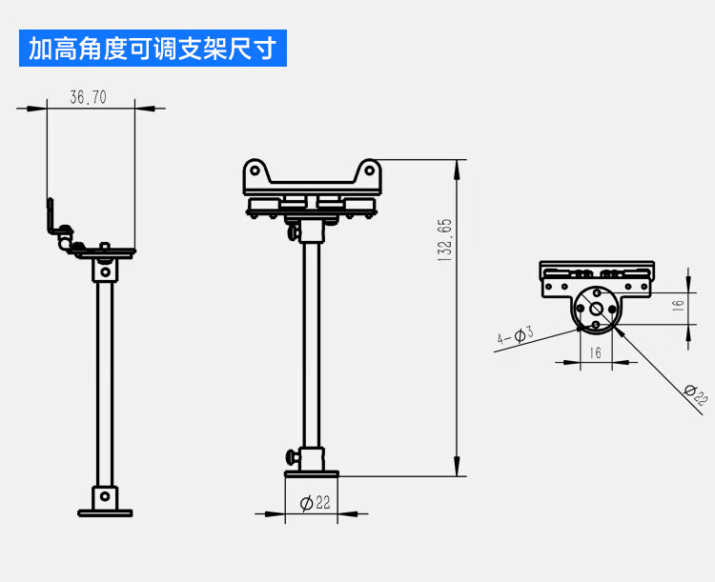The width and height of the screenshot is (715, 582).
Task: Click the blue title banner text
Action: tap(152, 49)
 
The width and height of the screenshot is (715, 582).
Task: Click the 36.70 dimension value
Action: tap(89, 97)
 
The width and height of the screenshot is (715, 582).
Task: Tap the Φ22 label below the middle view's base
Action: tap(315, 503)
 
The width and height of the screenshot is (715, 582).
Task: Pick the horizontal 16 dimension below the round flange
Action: tap(596, 352)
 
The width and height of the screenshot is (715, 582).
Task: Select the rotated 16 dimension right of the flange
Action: tap(678, 306)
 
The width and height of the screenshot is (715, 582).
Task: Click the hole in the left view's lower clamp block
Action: tap(105, 496)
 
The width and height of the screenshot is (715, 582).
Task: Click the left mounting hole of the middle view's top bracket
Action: tap(255, 171)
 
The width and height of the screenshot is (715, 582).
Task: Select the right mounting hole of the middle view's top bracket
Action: tap(370, 171)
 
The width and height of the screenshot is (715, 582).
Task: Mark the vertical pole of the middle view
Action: tap(312, 343)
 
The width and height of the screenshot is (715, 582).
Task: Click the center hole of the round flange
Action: tap(596, 308)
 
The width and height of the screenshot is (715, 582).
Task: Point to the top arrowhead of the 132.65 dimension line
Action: tap(459, 168)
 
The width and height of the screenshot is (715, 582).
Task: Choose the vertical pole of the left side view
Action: tap(105, 381)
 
